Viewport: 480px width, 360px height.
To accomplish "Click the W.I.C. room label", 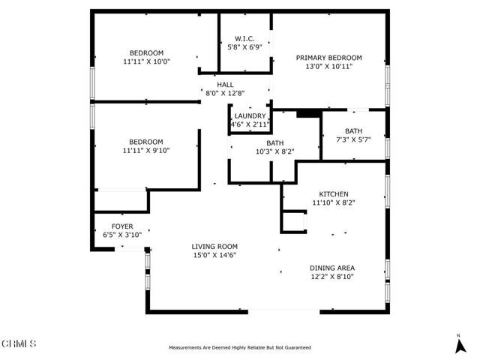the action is point(244,39).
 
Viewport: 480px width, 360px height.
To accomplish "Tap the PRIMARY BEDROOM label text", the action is point(328,58).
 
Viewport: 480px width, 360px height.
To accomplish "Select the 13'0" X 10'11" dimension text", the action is point(329,66).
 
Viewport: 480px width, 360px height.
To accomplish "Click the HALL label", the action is point(225,85).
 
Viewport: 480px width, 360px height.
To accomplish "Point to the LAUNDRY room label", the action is point(250,116).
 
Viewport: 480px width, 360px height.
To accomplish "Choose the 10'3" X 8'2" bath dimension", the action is point(275,151).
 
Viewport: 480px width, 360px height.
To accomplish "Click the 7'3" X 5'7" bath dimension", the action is point(353,139).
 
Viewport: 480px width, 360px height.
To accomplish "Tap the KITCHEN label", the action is point(334,194).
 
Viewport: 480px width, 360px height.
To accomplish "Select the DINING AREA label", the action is point(332,268).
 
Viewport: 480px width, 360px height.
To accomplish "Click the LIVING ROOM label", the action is point(214,247).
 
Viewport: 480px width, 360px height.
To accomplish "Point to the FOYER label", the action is point(122,226).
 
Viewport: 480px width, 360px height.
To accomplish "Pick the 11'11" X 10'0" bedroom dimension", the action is point(147,61).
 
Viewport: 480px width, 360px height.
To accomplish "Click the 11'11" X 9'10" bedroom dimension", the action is point(146,151).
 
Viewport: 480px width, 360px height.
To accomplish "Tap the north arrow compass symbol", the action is point(460,345).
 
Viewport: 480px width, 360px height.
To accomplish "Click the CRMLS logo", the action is point(19,343).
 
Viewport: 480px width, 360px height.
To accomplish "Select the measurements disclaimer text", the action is point(240,348).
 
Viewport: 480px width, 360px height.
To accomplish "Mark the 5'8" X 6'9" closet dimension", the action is point(244,47).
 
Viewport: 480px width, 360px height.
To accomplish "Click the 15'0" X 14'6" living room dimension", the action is point(214,255).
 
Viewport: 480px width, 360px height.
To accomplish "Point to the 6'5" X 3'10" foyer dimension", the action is point(122,235).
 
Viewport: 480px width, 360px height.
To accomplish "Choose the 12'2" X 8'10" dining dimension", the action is point(332,277).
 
